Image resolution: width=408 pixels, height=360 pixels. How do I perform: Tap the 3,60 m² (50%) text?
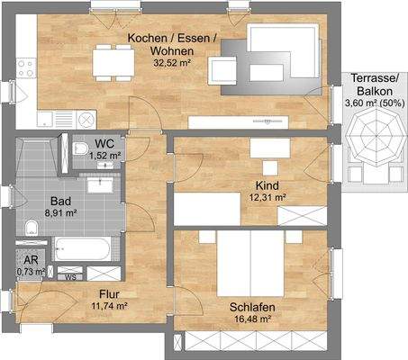373,103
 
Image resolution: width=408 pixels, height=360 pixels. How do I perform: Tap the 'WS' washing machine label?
69,276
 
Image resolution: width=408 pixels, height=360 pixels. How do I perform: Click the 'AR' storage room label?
32,258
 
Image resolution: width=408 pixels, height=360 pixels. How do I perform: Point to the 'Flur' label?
108,293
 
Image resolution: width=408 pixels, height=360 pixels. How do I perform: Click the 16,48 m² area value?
252,319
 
